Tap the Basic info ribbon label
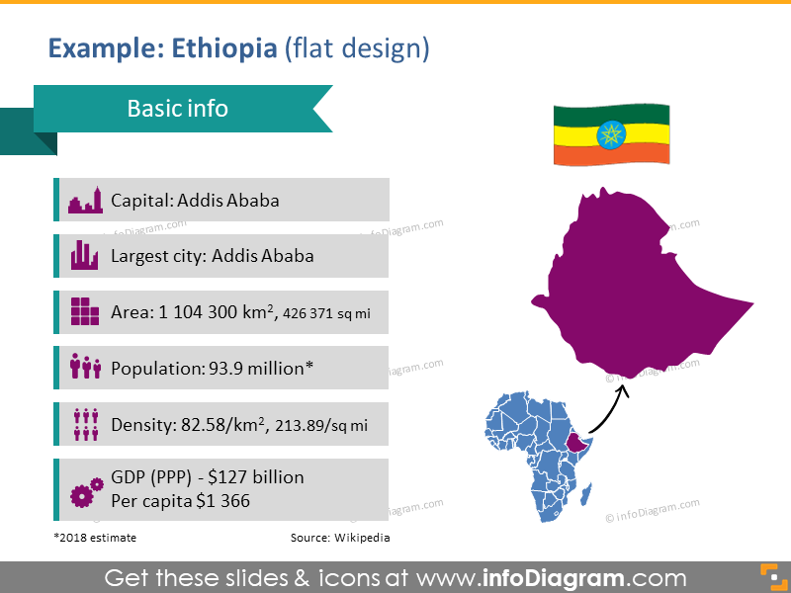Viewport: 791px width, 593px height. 177,108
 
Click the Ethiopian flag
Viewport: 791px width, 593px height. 610,133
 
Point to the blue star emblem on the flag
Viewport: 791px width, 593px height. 610,132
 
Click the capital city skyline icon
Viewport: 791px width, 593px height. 85,201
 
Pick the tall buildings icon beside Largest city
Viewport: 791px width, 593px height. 85,256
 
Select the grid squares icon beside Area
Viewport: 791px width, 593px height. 85,311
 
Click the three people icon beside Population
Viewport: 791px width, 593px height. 85,368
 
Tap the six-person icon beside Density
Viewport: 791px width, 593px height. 85,424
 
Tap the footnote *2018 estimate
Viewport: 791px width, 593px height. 95,538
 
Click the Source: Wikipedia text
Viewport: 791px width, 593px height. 339,538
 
